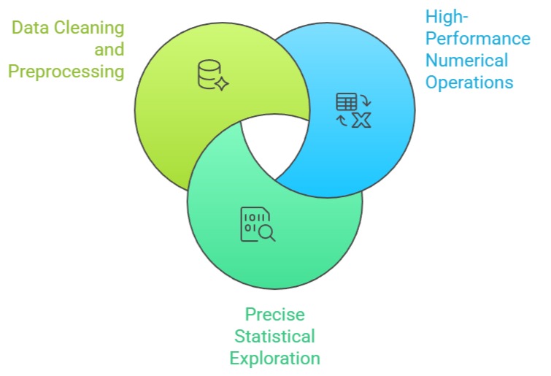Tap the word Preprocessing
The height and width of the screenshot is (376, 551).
click(65, 72)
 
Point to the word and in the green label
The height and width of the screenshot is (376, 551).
click(109, 50)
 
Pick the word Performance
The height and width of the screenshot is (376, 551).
click(477, 38)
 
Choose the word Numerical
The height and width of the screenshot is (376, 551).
click(466, 60)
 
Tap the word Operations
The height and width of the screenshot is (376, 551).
click(469, 82)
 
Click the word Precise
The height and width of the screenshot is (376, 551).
click(274, 315)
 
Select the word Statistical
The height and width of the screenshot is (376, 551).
click(274, 337)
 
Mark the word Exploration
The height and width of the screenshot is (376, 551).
click(274, 358)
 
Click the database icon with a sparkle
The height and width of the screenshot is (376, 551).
click(212, 75)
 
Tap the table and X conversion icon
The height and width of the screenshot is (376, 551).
click(353, 110)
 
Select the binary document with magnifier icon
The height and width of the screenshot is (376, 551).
click(258, 224)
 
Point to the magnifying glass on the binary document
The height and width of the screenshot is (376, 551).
click(267, 232)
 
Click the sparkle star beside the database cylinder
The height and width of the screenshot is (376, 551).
click(222, 84)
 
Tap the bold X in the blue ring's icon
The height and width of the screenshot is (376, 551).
click(361, 120)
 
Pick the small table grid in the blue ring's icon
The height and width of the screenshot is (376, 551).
click(345, 101)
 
